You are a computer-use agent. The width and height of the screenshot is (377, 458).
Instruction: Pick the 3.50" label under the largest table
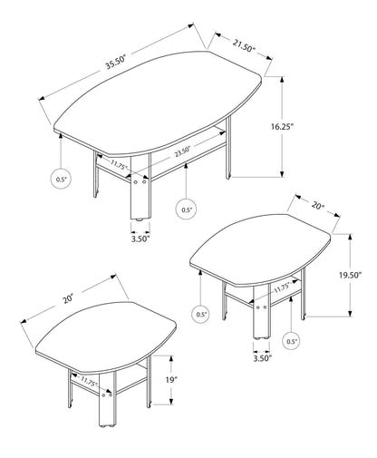pos(140,239)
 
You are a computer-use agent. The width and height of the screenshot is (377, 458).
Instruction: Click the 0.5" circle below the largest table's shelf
pos(186,210)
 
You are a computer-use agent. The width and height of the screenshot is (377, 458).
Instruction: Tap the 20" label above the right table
pos(317,207)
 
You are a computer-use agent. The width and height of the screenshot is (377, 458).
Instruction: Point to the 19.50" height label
pos(362,273)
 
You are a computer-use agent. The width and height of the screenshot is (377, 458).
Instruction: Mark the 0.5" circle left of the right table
pos(200,315)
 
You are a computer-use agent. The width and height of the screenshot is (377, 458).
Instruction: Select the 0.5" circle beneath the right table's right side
pos(292,343)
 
